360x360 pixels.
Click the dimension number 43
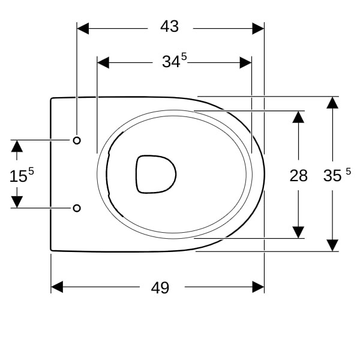point(169,26)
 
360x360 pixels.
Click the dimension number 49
point(160,287)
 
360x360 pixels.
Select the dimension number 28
point(298,176)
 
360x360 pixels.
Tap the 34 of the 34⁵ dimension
point(171,62)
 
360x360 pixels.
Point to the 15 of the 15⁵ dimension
point(19,176)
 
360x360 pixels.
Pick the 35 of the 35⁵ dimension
point(332,176)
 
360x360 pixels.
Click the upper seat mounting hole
point(77,140)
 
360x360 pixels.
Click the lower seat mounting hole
point(77,208)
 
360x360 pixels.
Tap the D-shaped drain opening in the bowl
point(156,174)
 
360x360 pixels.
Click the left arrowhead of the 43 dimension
point(83,28)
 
